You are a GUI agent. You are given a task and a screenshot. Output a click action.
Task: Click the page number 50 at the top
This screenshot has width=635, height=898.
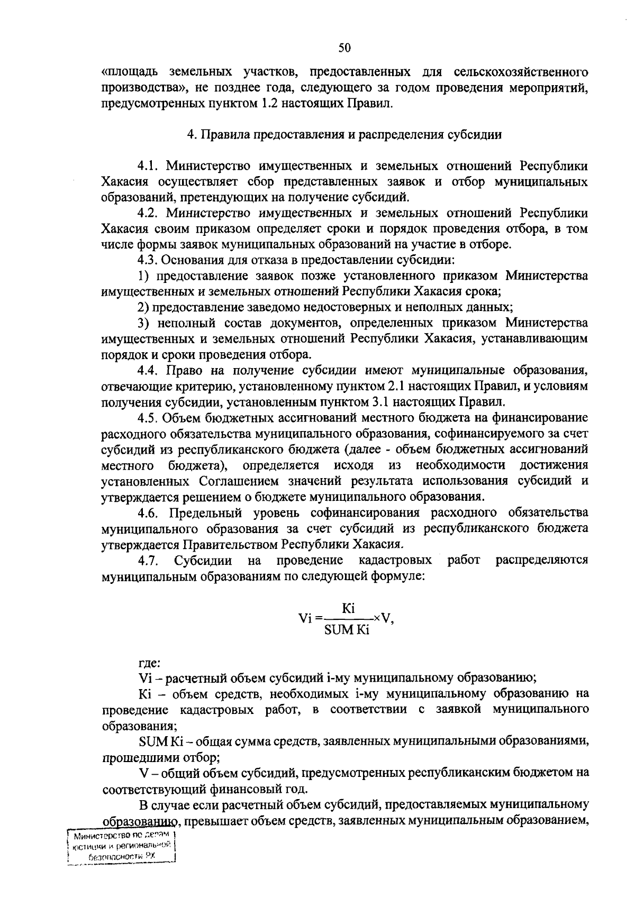[344, 49]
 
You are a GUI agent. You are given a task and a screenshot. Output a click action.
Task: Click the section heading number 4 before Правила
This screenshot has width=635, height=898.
[190, 134]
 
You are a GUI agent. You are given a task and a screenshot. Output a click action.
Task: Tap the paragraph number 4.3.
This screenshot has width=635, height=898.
[148, 260]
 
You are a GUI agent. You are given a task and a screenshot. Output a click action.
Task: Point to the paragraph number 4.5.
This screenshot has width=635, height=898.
[148, 418]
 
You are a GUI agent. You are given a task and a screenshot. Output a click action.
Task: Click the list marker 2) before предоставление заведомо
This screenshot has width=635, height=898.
[142, 307]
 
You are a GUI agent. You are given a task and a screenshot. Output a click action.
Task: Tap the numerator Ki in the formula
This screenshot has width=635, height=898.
[348, 608]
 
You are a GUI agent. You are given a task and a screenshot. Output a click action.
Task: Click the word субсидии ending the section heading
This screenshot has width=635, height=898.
[475, 134]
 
